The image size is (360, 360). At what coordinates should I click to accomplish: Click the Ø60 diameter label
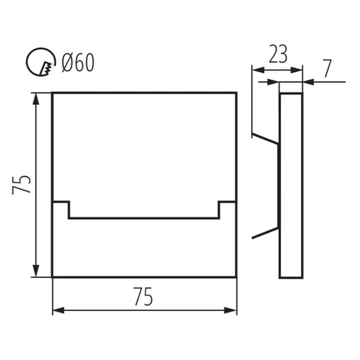(78, 63)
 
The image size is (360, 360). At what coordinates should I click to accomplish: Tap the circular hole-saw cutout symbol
(41, 62)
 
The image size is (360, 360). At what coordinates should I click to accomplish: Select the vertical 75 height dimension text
(21, 185)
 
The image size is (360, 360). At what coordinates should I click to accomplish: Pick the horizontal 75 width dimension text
(143, 296)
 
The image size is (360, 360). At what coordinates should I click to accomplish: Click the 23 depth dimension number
(278, 54)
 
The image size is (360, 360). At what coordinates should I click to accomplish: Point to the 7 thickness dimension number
(328, 68)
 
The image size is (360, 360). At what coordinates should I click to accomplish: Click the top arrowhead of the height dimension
(36, 99)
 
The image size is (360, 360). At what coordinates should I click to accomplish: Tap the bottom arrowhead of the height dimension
(36, 270)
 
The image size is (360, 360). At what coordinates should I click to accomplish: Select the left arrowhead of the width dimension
(58, 310)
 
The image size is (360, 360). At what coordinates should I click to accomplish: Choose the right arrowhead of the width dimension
(231, 310)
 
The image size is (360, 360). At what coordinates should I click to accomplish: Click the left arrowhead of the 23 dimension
(258, 70)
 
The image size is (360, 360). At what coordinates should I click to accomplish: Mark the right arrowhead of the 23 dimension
(296, 70)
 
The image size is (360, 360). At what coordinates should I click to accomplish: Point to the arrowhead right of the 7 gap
(309, 82)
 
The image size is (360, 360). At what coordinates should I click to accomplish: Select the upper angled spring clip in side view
(265, 139)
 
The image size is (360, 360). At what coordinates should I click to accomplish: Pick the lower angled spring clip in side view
(265, 233)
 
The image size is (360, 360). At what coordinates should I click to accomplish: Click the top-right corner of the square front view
(236, 93)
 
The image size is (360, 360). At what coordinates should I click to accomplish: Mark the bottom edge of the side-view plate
(291, 277)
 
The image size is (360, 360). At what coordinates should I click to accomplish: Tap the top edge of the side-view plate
(291, 93)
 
